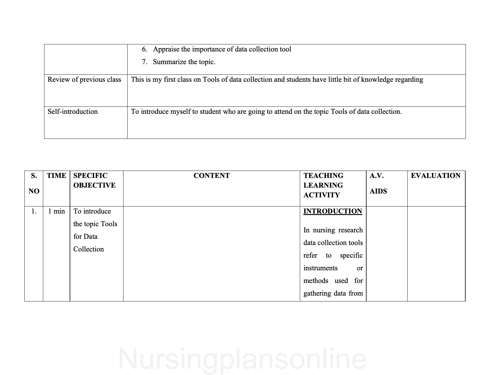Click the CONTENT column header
211,176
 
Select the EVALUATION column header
435,176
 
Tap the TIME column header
56,176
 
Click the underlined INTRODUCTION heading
332,211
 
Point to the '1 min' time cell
56,211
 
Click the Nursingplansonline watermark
242,359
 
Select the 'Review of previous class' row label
84,80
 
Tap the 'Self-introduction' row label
73,112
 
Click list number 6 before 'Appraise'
144,49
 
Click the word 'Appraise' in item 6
166,49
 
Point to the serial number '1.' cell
34,211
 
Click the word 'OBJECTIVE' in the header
94,185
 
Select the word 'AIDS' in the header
378,191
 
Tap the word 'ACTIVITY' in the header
322,195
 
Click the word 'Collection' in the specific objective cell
88,249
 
